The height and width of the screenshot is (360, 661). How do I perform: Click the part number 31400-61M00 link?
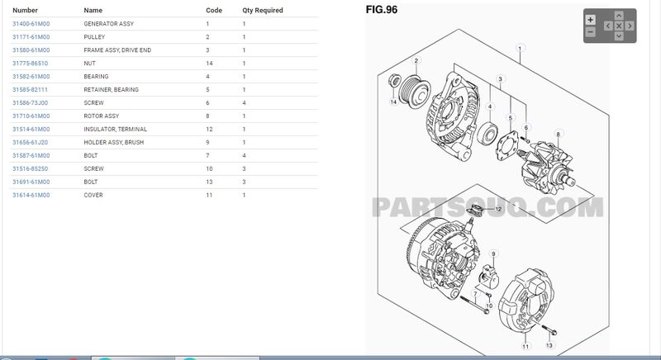coord(31,24)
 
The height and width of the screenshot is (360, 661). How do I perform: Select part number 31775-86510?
coord(31,63)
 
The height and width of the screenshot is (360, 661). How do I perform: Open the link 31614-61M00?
coord(31,195)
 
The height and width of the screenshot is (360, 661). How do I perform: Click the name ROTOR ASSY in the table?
coord(101,116)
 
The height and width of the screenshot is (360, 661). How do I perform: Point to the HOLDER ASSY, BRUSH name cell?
coord(114,142)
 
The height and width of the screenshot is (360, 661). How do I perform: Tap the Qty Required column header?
coord(263,10)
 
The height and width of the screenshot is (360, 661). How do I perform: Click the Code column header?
coord(214,10)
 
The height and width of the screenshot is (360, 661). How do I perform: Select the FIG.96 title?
coord(382,10)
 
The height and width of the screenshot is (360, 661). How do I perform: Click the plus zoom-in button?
coord(591,20)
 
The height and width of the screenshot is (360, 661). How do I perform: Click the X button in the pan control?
coord(619,26)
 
